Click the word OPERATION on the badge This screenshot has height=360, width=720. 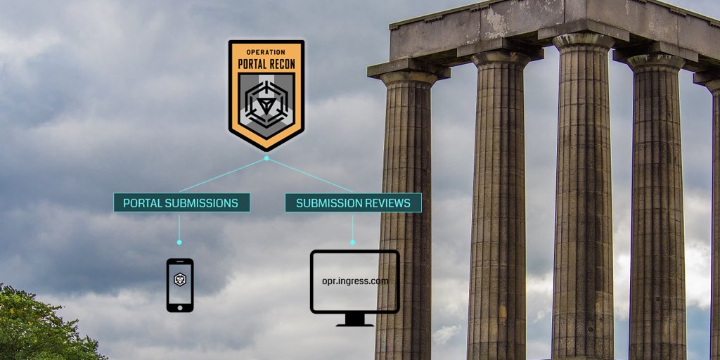[x=266, y=52]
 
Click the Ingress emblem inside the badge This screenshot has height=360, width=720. [x=266, y=104]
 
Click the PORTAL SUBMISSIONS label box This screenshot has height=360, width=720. [x=181, y=203]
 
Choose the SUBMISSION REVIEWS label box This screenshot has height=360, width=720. [x=353, y=203]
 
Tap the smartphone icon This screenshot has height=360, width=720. [x=180, y=285]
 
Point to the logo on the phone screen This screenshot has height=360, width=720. [x=180, y=280]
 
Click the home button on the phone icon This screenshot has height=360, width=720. [x=180, y=306]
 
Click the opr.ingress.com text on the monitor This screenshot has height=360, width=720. [x=354, y=281]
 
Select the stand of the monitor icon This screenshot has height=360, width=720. [x=354, y=320]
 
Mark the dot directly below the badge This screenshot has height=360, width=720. [x=266, y=158]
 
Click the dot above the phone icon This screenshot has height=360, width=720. [x=179, y=242]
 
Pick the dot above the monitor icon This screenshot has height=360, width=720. [x=352, y=242]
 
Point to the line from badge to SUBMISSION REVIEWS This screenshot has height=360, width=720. [x=309, y=175]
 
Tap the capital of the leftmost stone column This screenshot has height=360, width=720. [x=409, y=73]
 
